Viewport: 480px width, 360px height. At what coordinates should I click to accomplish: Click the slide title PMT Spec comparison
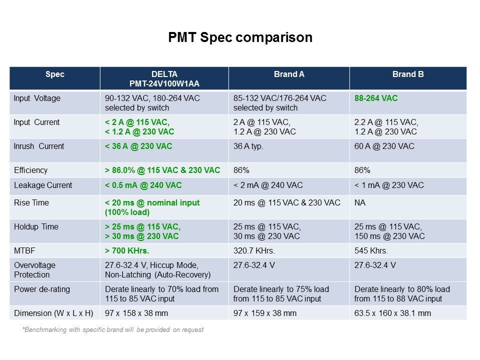[x=240, y=38]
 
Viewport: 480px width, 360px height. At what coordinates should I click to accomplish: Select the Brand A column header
[x=289, y=74]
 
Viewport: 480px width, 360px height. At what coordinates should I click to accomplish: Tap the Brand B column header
[x=408, y=74]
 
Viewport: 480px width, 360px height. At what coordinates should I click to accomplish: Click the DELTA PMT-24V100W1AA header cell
[x=164, y=79]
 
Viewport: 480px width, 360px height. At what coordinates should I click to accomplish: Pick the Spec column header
[x=54, y=74]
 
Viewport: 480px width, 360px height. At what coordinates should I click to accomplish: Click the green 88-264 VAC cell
[x=376, y=98]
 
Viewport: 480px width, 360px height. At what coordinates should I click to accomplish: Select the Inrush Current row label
[x=39, y=146]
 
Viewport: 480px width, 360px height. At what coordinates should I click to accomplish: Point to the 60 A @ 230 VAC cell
[x=384, y=146]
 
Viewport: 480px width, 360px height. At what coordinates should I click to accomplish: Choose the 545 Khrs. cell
[x=371, y=250]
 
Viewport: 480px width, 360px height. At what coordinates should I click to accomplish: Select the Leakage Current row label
[x=43, y=185]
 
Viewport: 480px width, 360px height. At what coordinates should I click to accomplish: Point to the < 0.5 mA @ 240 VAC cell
[x=143, y=185]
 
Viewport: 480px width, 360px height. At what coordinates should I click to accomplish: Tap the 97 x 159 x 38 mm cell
[x=265, y=313]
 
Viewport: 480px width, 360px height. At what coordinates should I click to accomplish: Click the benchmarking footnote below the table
[x=112, y=329]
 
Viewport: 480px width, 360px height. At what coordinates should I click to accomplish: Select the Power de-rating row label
[x=42, y=289]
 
